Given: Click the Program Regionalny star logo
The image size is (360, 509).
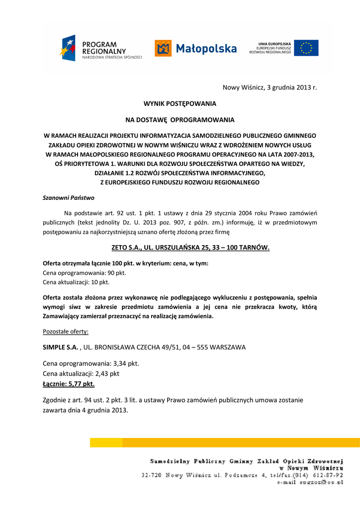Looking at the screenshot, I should [x=69, y=48].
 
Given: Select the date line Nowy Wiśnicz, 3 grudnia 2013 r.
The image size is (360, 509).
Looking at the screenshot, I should [x=270, y=87].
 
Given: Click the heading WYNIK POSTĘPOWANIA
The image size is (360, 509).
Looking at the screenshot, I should [x=180, y=104].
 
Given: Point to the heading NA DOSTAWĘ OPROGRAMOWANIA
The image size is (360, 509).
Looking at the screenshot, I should [x=180, y=120].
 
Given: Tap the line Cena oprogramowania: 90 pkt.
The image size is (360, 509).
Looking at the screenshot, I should [x=85, y=273].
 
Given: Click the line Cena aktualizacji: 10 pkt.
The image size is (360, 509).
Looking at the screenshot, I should [x=76, y=282].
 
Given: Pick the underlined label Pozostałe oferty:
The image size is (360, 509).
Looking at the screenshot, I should [x=66, y=331].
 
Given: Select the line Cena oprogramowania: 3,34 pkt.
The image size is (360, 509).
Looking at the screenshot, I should [x=91, y=363].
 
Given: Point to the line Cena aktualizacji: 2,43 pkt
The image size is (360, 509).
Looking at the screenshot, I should [x=81, y=373].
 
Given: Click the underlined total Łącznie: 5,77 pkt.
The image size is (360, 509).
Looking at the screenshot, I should [x=69, y=384].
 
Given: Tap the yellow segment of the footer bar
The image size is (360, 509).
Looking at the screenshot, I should [x=106, y=442].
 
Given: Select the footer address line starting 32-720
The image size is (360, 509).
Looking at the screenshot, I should [x=242, y=475].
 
